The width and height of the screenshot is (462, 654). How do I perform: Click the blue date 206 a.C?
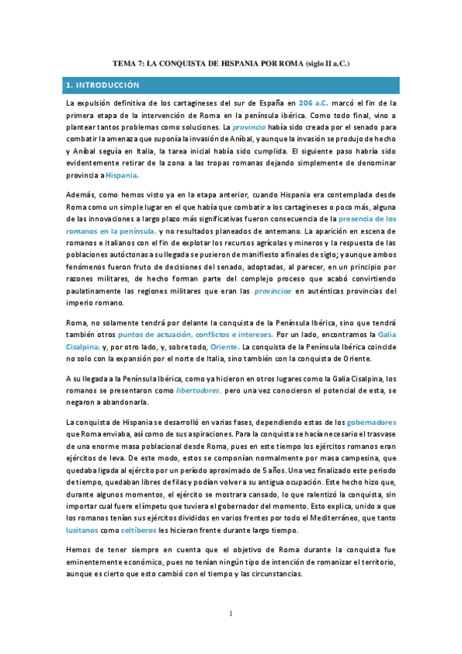[x=316, y=102]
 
